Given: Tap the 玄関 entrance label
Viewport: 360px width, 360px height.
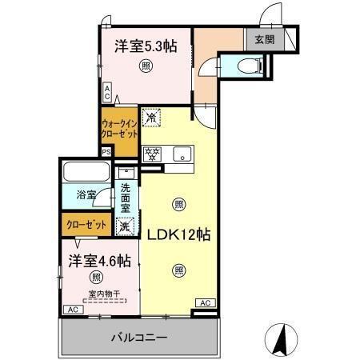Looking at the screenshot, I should coord(264,38).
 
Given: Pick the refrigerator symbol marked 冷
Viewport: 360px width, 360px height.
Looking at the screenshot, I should coord(151,118).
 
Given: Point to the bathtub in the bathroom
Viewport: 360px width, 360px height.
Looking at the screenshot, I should coord(86,173).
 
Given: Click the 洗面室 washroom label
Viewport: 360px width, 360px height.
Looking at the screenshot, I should coord(126,198).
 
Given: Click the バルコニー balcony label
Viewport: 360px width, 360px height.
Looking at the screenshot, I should coord(138,338).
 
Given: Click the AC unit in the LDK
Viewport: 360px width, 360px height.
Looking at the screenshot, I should coord(205,302).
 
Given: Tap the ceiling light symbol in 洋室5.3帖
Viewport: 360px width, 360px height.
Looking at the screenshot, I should coord(146,66).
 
